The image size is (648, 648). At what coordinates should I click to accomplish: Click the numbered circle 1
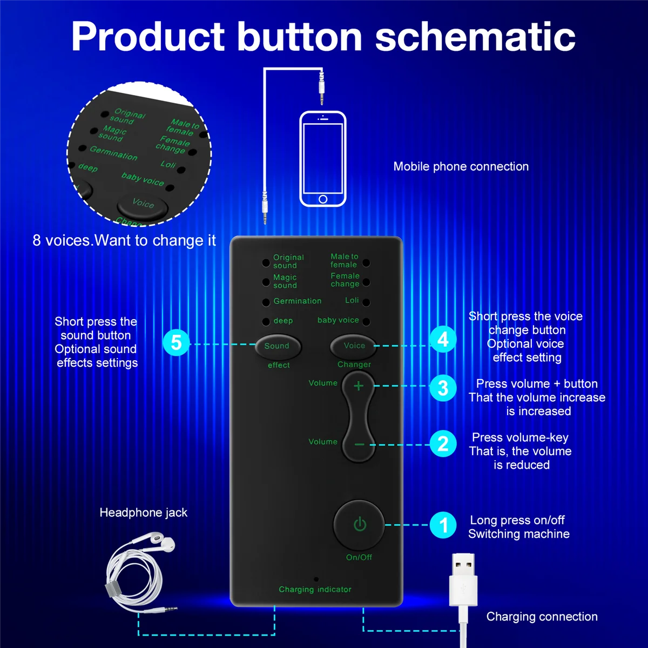(x=443, y=525)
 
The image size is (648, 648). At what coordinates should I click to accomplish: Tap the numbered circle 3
(x=443, y=388)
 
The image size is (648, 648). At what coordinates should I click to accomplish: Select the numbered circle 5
(x=176, y=342)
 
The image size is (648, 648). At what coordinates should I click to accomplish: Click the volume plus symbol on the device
(x=359, y=386)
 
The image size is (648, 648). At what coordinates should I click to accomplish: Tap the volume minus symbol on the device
(x=359, y=444)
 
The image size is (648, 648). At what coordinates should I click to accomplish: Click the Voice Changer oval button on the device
(x=353, y=346)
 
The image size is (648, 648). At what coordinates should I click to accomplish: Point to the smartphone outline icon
(x=322, y=159)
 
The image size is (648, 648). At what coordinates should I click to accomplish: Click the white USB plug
(x=463, y=580)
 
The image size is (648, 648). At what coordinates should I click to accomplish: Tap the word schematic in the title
(x=475, y=37)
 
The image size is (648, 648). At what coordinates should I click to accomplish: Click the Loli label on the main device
(x=352, y=300)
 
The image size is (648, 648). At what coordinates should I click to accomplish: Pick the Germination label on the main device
(x=297, y=301)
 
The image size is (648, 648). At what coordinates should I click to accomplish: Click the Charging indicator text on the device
(x=315, y=590)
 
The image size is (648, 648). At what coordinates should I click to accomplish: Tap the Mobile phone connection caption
(x=461, y=167)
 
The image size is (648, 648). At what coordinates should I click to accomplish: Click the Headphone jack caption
(x=143, y=513)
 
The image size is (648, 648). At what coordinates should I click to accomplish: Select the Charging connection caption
(x=542, y=617)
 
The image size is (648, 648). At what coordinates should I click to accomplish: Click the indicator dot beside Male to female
(x=366, y=263)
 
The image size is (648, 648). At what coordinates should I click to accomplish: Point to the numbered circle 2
(x=443, y=444)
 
